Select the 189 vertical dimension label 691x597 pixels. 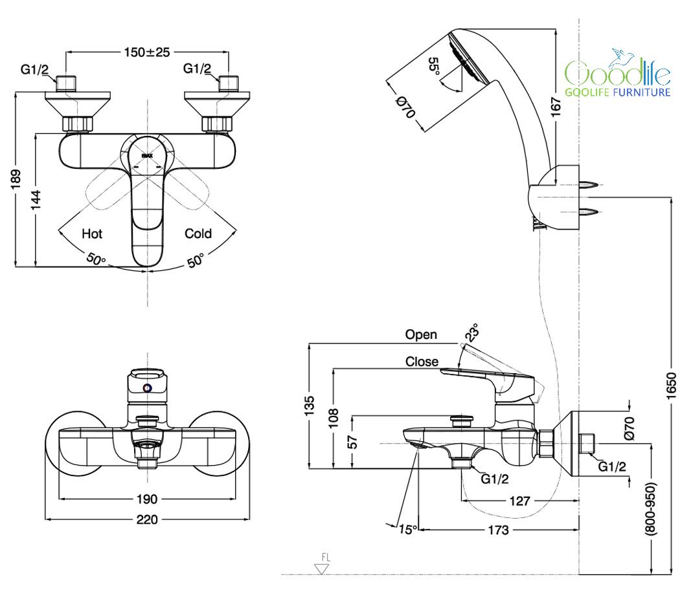[x=17, y=178]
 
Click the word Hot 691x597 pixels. [x=92, y=233]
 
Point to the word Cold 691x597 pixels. [x=198, y=233]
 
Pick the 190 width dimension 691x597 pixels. [x=147, y=499]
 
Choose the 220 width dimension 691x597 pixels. [x=147, y=519]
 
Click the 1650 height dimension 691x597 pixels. [x=671, y=385]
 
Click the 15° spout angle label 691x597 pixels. [x=408, y=530]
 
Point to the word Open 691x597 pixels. [x=421, y=334]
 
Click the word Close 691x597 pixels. [x=422, y=362]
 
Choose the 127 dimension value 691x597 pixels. [x=519, y=501]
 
